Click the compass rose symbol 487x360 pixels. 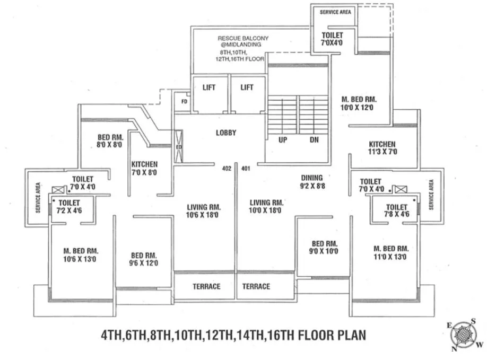[x=463, y=335]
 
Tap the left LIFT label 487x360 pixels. [x=209, y=87]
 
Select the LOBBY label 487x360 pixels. [x=225, y=133]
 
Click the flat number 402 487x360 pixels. [x=227, y=169]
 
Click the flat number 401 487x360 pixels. [x=245, y=169]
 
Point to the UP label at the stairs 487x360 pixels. [x=283, y=141]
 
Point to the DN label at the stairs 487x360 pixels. [x=314, y=141]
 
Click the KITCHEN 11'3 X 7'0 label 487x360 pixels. [x=382, y=148]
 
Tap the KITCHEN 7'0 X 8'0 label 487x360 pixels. [x=144, y=169]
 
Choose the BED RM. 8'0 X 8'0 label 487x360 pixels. [x=110, y=141]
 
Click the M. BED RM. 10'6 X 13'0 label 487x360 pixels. [x=81, y=255]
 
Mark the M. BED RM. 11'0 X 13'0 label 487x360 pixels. [x=390, y=252]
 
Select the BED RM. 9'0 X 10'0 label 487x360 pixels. [x=325, y=248]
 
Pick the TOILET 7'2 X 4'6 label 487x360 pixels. [x=69, y=207]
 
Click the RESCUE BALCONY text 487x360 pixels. [x=243, y=38]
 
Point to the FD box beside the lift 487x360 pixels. [x=184, y=101]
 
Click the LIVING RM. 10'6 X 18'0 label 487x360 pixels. [x=204, y=210]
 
